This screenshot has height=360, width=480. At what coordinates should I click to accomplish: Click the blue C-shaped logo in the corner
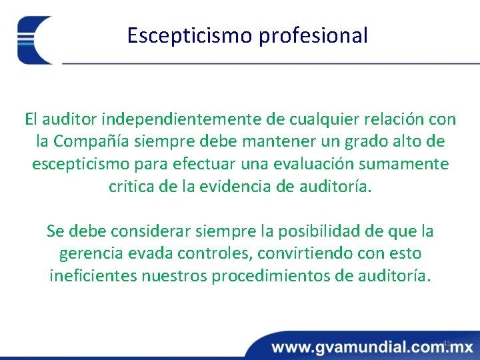coord(33,40)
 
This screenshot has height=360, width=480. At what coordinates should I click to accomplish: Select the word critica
coord(131,186)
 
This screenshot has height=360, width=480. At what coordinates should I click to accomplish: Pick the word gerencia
coord(88,254)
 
